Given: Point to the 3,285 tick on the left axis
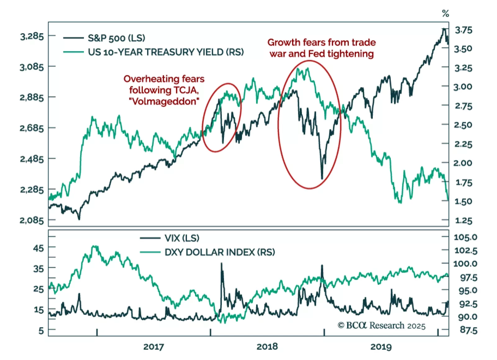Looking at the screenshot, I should pyautogui.click(x=32, y=36).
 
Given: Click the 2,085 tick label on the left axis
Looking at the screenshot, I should pyautogui.click(x=32, y=220).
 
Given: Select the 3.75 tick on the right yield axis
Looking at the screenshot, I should pyautogui.click(x=463, y=30).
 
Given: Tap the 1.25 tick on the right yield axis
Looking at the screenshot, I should pyautogui.click(x=463, y=221).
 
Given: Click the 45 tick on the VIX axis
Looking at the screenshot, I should pyautogui.click(x=39, y=248).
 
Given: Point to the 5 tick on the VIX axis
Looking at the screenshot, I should pyautogui.click(x=41, y=331).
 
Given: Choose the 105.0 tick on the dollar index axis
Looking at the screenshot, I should pyautogui.click(x=465, y=237).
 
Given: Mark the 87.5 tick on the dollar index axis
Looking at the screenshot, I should pyautogui.click(x=468, y=330).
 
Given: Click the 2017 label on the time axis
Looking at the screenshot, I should pyautogui.click(x=153, y=347).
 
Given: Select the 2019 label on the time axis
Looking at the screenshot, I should pyautogui.click(x=381, y=347).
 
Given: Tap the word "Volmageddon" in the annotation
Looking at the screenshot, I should pyautogui.click(x=164, y=101).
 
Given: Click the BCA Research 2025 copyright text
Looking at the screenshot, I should pyautogui.click(x=381, y=326).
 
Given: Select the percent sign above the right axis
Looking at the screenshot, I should pyautogui.click(x=445, y=13).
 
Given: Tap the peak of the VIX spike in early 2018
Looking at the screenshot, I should pyautogui.click(x=221, y=263).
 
